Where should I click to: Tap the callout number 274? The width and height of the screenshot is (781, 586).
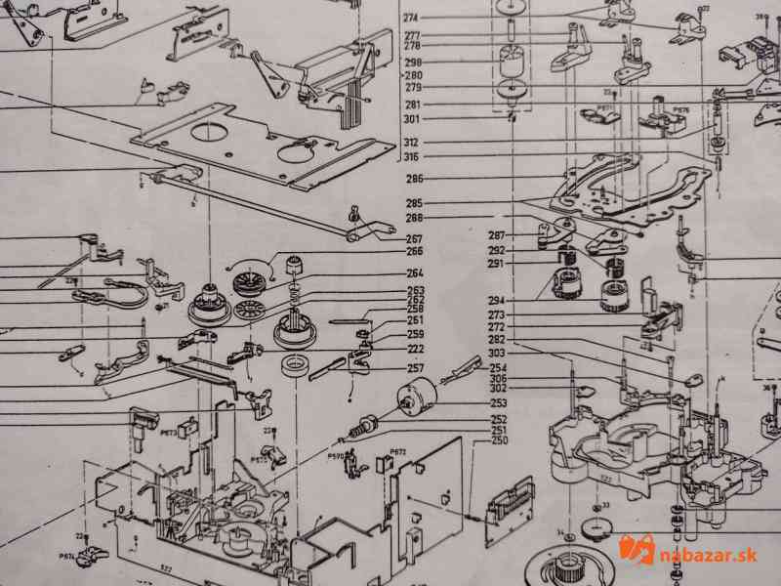click(x=410, y=19)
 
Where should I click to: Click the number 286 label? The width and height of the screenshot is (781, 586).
click(x=415, y=179)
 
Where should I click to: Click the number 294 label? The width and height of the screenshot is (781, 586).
click(x=498, y=300)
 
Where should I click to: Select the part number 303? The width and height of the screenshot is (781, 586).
click(x=497, y=353)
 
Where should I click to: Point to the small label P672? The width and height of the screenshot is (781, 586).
click(x=397, y=452)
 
